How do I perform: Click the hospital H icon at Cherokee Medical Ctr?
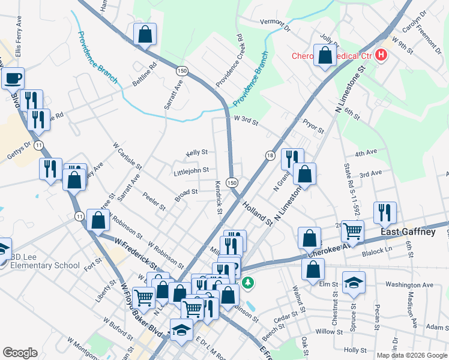click(x=381, y=56)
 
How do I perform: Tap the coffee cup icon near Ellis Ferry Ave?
click(x=13, y=77)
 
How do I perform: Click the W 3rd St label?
click(x=246, y=122)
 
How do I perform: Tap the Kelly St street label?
click(x=196, y=153)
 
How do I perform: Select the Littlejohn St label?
click(x=191, y=171)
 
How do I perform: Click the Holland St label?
click(x=258, y=213)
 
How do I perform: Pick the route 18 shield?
click(x=270, y=155)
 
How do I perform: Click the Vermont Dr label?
click(x=275, y=25)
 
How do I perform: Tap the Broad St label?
click(x=186, y=193)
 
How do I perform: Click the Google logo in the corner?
click(x=20, y=353)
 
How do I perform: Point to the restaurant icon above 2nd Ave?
click(x=384, y=212)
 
